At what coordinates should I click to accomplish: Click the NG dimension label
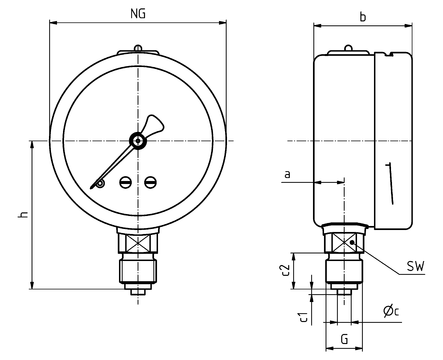click(x=138, y=14)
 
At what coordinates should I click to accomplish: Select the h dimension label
click(x=23, y=214)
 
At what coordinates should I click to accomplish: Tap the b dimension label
click(x=363, y=17)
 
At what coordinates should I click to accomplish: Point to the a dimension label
click(x=287, y=174)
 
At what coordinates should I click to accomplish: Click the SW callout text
click(x=416, y=266)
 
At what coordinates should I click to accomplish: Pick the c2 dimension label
click(x=285, y=271)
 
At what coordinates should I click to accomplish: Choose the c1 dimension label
click(x=303, y=317)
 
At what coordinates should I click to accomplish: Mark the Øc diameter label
click(x=391, y=311)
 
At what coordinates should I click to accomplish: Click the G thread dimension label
click(x=345, y=339)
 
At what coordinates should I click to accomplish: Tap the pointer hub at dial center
click(x=138, y=141)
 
